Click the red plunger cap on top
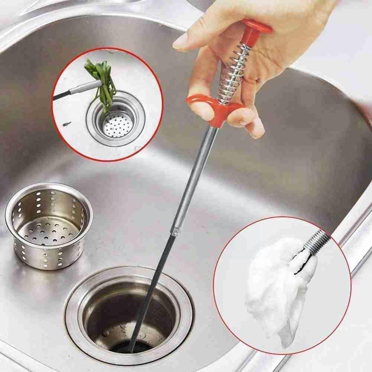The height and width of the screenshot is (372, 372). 256,28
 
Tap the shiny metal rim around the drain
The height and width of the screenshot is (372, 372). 74,323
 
